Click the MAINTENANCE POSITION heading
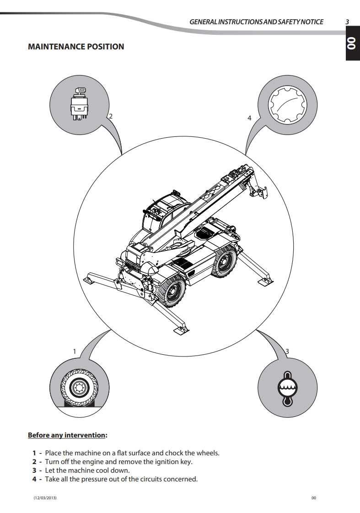coord(76,47)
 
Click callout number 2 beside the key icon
coord(110,116)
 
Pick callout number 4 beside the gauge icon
coord(249,118)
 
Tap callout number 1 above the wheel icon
coord(75,351)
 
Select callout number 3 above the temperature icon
coord(287,351)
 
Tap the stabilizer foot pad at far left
coord(90,277)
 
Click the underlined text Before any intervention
coord(67,435)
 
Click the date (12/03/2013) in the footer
coord(45,498)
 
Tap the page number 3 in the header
coord(347,22)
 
